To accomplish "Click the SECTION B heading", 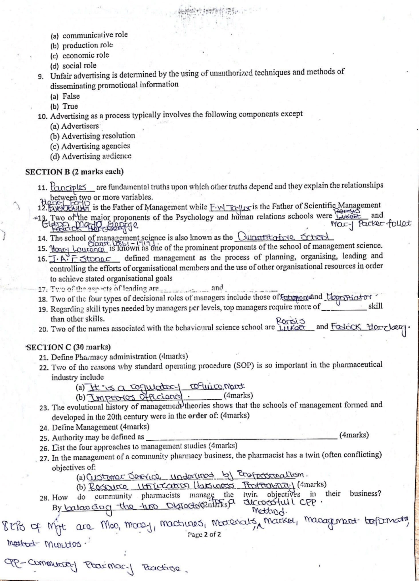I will pos(74,172).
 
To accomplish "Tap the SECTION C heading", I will pos(68,347).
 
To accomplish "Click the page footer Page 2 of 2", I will pos(204,534).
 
